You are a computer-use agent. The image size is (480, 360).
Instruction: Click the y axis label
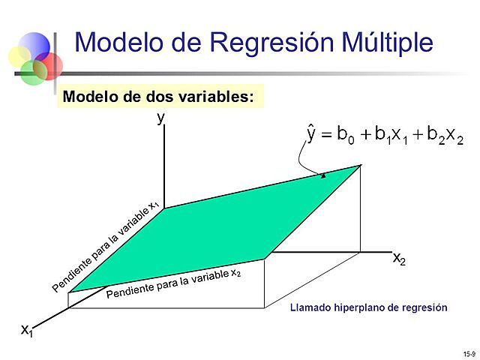point(160,118)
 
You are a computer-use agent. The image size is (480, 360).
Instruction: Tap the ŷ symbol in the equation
point(311,134)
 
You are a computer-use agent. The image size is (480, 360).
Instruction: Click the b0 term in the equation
point(346,136)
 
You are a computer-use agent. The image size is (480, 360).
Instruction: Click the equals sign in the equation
point(327,136)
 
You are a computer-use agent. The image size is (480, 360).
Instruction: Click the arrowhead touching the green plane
point(323,175)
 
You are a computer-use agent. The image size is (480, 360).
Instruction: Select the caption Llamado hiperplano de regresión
point(368,307)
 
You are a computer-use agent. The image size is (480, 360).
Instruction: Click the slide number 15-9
point(469,352)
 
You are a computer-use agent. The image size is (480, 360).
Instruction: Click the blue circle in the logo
point(34,46)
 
